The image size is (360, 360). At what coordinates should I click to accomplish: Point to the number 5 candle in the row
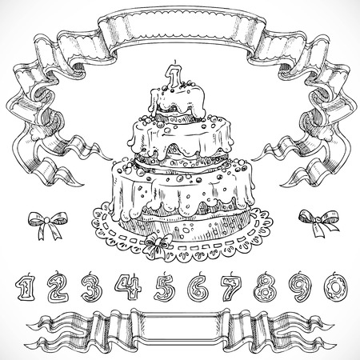click(x=164, y=286)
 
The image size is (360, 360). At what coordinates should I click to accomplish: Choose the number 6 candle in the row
click(x=198, y=286)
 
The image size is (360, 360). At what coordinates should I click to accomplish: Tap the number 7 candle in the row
click(x=233, y=286)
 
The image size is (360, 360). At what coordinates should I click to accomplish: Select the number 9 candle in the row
click(x=303, y=286)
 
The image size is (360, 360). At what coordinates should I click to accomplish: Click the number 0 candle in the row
click(x=338, y=286)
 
